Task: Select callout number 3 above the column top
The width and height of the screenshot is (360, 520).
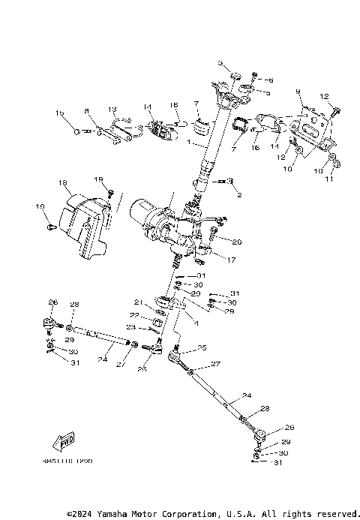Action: [221, 65]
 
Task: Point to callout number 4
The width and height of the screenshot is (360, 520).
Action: [196, 323]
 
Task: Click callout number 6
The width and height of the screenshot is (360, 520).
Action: [271, 80]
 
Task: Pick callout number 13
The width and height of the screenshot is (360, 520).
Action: [113, 109]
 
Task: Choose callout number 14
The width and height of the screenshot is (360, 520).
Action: [148, 107]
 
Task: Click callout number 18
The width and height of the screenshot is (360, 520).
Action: [62, 182]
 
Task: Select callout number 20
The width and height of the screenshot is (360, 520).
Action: [237, 242]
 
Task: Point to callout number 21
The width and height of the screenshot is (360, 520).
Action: [138, 302]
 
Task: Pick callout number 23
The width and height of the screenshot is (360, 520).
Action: [131, 327]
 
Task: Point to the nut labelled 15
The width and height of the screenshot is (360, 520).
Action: [77, 131]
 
